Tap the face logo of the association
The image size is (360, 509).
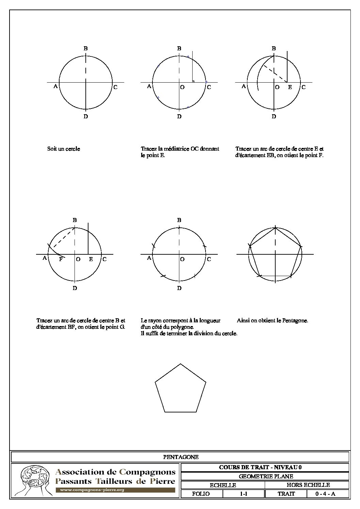click(x=32, y=480)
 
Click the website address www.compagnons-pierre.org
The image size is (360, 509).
click(x=92, y=490)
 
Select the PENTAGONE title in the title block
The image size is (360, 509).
click(x=181, y=457)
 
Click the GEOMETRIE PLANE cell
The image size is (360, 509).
click(x=266, y=476)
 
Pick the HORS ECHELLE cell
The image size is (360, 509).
click(x=308, y=485)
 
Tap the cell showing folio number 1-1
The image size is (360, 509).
click(x=244, y=494)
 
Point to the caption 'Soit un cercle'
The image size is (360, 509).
click(x=64, y=149)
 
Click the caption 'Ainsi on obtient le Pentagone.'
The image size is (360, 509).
click(x=273, y=320)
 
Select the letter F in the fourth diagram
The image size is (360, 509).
click(x=61, y=259)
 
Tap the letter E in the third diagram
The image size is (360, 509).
click(x=290, y=87)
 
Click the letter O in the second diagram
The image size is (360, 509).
click(x=182, y=87)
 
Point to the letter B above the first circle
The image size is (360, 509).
click(x=86, y=49)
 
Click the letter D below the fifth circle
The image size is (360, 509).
click(x=179, y=288)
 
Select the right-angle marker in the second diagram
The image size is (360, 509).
click(x=193, y=81)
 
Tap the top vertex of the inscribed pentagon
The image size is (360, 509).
click(x=275, y=227)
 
